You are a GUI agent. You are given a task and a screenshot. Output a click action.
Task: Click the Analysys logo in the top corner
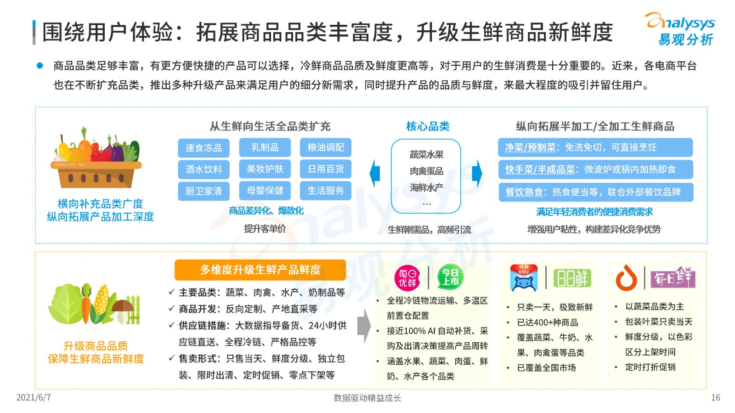click(x=680, y=29)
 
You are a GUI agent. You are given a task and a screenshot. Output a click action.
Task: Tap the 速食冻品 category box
click(x=204, y=148)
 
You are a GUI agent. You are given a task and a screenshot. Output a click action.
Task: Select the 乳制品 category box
click(x=265, y=147)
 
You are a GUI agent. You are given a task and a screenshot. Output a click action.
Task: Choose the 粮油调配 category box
click(x=326, y=147)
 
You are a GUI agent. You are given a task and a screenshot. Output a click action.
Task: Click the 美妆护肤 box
click(x=265, y=169)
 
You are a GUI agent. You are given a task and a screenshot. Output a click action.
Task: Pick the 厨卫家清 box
click(x=204, y=191)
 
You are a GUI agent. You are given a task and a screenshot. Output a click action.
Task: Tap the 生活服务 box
click(x=326, y=191)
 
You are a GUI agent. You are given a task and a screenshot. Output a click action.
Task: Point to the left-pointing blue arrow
click(x=375, y=173)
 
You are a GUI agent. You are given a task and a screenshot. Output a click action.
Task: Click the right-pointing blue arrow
click(x=477, y=173)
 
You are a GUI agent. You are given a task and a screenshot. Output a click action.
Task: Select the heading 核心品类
click(x=428, y=126)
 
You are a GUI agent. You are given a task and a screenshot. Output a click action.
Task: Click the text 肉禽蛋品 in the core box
click(x=426, y=171)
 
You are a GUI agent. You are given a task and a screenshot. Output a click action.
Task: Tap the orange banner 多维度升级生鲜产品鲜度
click(x=260, y=270)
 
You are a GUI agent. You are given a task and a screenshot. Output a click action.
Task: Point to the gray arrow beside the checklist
click(x=364, y=326)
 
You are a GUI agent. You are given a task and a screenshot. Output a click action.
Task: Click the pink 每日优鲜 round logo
click(x=407, y=278)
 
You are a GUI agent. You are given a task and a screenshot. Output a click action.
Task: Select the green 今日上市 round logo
click(x=451, y=277)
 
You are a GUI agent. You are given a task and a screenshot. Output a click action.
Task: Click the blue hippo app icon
click(x=524, y=278)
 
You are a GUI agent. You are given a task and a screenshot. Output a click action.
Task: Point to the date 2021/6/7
click(x=34, y=397)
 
